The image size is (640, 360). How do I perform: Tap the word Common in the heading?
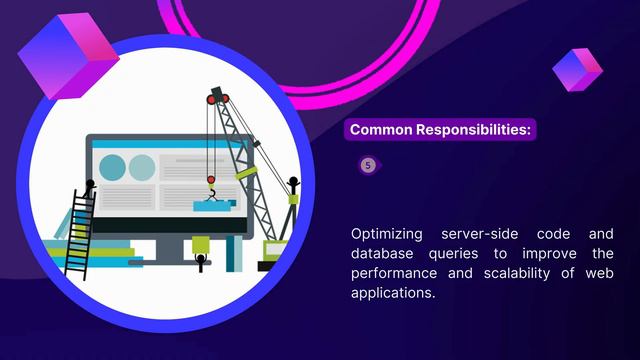click(384, 130)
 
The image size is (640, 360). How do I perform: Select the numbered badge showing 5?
click(368, 165)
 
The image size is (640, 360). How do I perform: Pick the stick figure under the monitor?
click(201, 262)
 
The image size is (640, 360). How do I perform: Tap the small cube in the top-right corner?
click(577, 69)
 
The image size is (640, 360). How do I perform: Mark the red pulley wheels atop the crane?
click(219, 97)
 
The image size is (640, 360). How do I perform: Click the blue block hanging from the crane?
click(215, 205)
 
